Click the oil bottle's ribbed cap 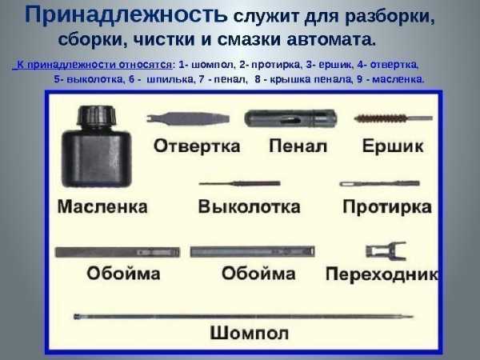click(97, 116)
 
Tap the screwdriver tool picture click(188, 118)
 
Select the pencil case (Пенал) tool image click(290, 118)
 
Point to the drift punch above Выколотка click(240, 184)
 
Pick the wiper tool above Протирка click(379, 184)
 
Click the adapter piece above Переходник click(386, 251)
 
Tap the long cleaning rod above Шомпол click(243, 317)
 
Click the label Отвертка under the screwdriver click(197, 146)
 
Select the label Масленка click(102, 206)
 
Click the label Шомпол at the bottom click(249, 333)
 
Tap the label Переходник click(382, 274)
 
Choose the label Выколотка click(249, 206)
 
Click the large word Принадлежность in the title click(126, 14)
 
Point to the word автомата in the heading click(330, 39)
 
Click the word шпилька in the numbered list click(170, 79)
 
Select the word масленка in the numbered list click(398, 79)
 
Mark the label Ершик click(393, 146)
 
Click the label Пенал click(298, 146)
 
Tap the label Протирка click(387, 207)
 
